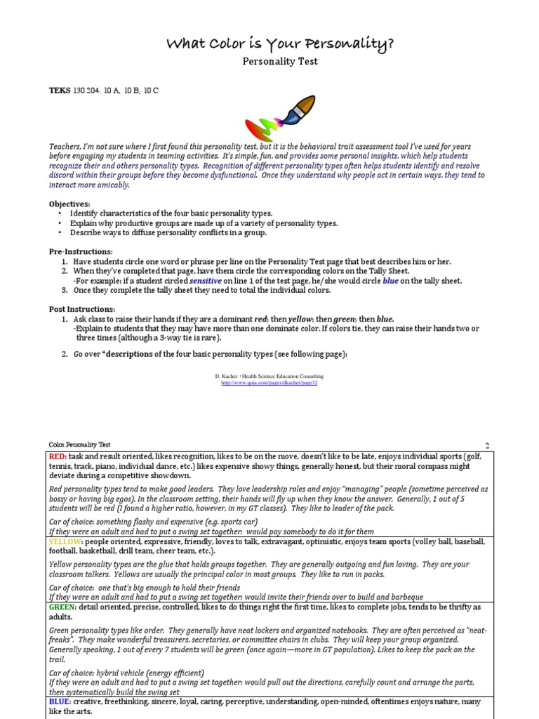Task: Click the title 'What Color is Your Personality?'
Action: [x=280, y=44]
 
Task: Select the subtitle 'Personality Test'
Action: [x=280, y=62]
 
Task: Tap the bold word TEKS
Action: [x=60, y=91]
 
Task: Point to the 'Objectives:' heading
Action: [x=69, y=204]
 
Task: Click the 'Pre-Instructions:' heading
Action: [x=81, y=251]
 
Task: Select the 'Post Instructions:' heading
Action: [x=82, y=310]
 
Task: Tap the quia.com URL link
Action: [x=269, y=383]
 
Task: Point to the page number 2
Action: [x=487, y=445]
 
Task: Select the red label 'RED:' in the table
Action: [x=58, y=456]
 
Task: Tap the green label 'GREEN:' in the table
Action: [x=62, y=607]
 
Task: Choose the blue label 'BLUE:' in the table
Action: [x=60, y=701]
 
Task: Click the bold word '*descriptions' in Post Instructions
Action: [x=127, y=354]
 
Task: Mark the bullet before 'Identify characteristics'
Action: [x=60, y=213]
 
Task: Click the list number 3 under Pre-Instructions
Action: [x=64, y=290]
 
